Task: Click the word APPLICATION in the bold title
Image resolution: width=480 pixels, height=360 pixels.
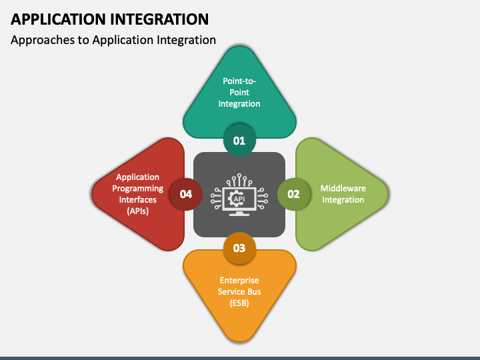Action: coord(59,19)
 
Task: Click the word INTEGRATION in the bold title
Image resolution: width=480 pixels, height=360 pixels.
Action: coord(159,19)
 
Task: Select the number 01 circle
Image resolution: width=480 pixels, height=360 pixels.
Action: coord(239,141)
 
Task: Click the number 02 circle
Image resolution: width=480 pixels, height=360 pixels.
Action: coord(293,194)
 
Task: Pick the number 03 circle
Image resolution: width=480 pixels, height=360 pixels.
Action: coord(239,248)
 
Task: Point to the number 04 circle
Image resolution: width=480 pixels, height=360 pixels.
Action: coord(186,194)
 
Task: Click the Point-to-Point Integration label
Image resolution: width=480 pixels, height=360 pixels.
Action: coord(239,93)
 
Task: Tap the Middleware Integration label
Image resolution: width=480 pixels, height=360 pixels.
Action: coord(343,194)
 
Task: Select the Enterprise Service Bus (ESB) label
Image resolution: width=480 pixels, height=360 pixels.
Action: coord(239,292)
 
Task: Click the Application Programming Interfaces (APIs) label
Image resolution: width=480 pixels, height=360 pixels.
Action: coord(138,194)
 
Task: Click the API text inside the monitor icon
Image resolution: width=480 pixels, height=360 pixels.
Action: coord(239,199)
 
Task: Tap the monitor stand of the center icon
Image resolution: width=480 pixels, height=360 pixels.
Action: coord(239,213)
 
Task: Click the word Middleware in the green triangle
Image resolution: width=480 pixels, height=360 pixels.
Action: coord(343,188)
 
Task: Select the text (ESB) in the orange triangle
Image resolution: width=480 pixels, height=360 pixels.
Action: coord(239,303)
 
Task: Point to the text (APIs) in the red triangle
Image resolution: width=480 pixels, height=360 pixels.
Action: coord(138,211)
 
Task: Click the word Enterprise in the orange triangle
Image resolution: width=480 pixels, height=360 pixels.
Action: coord(239,281)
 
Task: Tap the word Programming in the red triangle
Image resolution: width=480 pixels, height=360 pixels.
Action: coord(138,189)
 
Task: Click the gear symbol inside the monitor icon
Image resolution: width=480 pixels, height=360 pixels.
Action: coord(235,199)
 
